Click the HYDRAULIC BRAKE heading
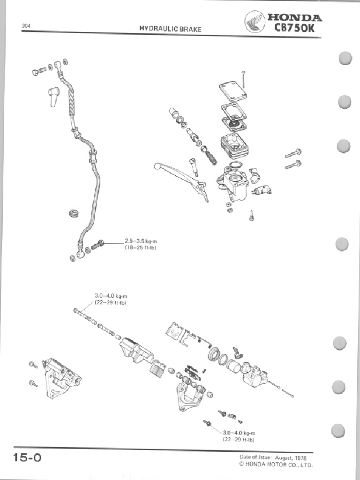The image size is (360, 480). tap(170, 29)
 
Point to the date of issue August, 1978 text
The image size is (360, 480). tap(276, 457)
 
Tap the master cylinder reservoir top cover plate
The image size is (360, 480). tap(233, 90)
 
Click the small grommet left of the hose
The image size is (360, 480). tap(74, 214)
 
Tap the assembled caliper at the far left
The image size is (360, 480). tap(60, 376)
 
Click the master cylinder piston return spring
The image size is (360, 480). tap(209, 155)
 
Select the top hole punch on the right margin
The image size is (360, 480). tap(345, 59)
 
